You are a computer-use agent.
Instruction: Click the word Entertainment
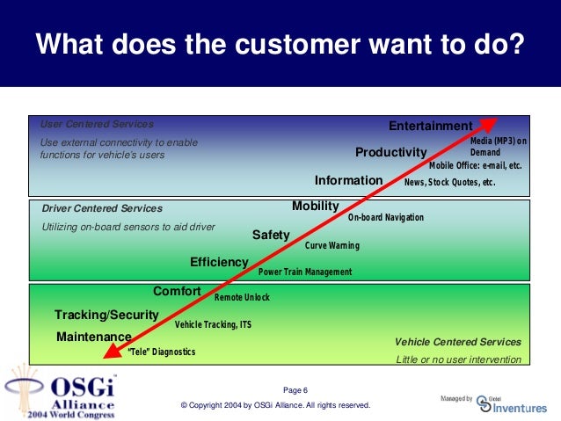pos(431,126)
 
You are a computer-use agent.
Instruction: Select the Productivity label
pos(390,153)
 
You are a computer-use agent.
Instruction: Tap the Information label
pos(348,181)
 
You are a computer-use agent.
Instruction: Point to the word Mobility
pos(316,206)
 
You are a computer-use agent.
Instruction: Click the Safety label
pos(271,235)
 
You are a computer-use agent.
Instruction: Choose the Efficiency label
pos(219,262)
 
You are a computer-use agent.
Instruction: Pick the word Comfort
pos(177,291)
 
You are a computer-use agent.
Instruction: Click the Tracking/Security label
pos(106,315)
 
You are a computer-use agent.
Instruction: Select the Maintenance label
pos(93,337)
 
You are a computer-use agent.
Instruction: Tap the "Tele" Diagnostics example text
pos(162,352)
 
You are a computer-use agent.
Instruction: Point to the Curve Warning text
pos(331,245)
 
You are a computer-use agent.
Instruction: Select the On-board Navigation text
pos(385,217)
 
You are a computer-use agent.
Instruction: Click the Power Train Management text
pos(304,272)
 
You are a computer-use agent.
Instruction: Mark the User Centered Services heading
pos(97,124)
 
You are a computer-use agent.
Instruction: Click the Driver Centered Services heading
pos(102,209)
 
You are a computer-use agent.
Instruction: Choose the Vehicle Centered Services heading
pos(457,342)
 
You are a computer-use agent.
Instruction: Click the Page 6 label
pos(295,389)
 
